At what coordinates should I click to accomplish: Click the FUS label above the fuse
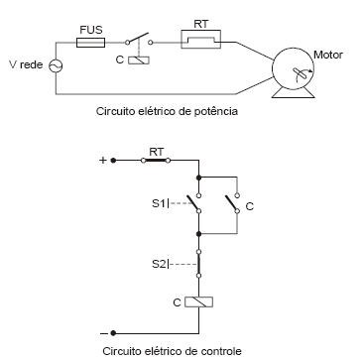tap(90, 30)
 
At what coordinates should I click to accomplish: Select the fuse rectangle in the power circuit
tap(90, 44)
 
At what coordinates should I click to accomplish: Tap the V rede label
tap(25, 65)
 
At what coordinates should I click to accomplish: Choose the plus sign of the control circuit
tap(101, 158)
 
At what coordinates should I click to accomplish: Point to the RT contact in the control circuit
tap(157, 158)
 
